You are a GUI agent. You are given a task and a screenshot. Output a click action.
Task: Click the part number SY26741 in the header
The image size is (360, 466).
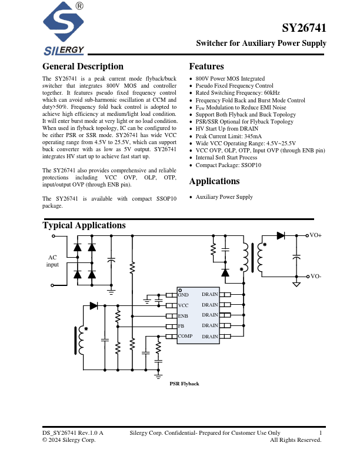304,28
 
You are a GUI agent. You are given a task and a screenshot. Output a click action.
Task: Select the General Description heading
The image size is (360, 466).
83,66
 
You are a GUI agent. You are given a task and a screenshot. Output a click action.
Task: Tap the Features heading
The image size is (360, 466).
206,66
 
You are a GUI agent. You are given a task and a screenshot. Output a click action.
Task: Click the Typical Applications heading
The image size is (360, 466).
84,225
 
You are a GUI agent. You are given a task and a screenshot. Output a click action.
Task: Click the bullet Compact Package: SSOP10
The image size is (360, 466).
228,165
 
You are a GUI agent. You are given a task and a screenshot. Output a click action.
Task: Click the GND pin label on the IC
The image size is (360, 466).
184,294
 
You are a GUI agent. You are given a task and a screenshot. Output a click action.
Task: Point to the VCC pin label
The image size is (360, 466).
184,305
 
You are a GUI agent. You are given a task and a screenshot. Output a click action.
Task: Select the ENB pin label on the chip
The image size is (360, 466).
184,316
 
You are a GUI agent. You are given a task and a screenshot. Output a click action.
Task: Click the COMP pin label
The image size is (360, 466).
185,336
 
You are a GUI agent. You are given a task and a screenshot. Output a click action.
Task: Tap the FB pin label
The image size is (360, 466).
181,325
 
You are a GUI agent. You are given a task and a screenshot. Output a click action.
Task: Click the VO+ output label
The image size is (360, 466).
316,235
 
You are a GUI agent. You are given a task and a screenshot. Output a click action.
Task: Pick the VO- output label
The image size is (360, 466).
316,276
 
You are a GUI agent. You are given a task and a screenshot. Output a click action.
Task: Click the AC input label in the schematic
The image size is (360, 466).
53,261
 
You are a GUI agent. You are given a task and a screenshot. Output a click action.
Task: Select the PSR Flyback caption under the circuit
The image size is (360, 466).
185,384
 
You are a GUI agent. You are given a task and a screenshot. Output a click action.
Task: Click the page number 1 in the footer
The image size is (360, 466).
321,433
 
